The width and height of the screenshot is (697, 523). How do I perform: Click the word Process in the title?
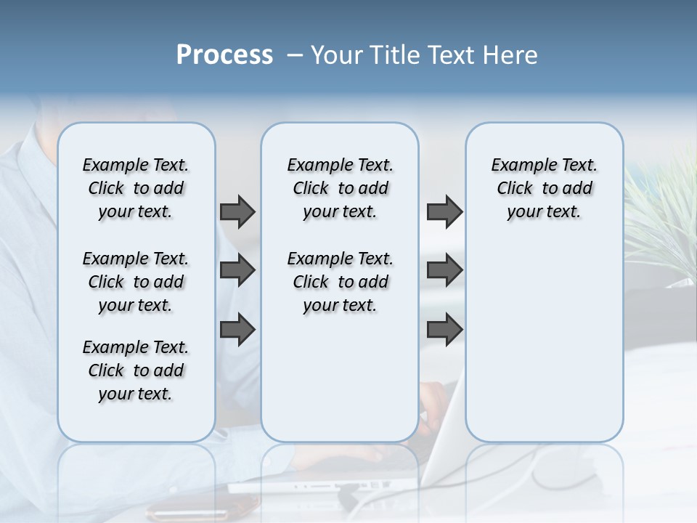224,55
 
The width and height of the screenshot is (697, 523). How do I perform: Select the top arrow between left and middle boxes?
237,211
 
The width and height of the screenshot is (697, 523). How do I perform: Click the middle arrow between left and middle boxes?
237,270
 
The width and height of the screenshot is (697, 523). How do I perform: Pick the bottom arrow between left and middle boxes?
237,329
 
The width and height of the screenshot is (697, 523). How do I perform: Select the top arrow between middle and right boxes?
444,211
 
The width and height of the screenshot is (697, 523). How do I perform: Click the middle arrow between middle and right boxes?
444,270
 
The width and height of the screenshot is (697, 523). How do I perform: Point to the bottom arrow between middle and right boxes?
444,329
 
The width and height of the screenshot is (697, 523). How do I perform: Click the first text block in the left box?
136,188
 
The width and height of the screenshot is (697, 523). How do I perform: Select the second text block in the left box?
136,282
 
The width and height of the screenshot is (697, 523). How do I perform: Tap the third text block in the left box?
136,370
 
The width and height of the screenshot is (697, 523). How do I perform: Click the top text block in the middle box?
340,188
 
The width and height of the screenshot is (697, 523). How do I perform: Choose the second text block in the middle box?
340,282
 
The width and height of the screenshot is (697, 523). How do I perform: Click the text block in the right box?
544,188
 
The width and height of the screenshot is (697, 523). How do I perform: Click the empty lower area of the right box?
544,341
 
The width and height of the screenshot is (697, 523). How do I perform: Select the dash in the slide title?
295,55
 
